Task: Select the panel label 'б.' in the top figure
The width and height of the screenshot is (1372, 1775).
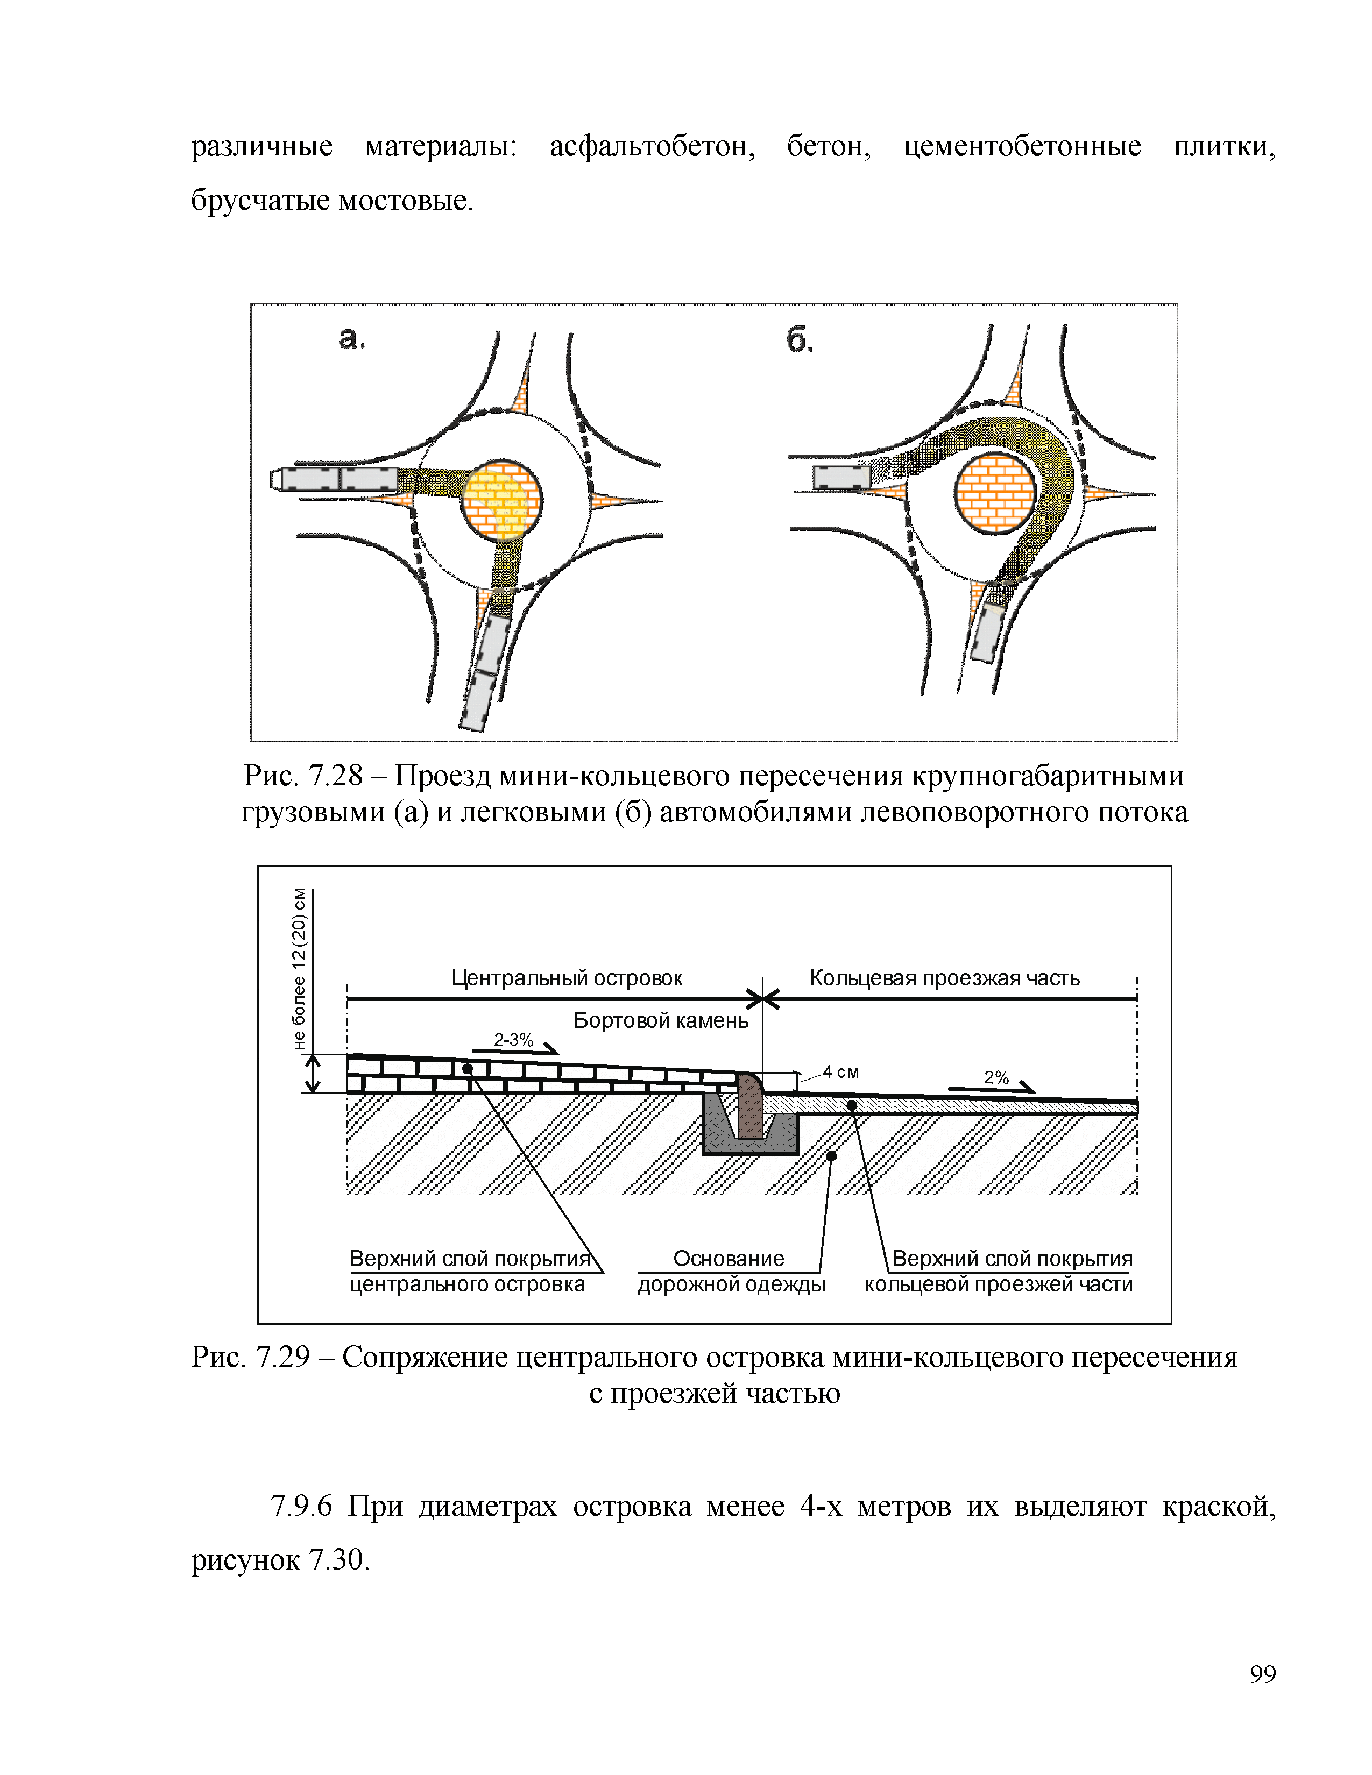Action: pos(800,340)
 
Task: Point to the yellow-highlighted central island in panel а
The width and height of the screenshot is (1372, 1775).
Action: pos(501,500)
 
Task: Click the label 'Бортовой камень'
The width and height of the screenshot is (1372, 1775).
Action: pos(660,1021)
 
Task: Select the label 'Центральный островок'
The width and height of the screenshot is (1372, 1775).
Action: pos(567,978)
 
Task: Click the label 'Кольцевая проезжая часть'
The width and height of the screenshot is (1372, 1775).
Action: pos(944,978)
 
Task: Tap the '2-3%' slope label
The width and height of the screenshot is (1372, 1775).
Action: pos(514,1040)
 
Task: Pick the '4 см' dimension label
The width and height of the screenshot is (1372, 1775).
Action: pos(840,1072)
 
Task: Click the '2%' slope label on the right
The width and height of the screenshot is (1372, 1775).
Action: pos(996,1078)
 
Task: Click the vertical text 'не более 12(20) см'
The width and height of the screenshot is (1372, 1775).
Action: pos(300,969)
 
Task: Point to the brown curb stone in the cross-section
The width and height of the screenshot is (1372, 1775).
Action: pos(750,1106)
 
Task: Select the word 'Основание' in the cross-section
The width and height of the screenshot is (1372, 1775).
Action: pos(729,1259)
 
